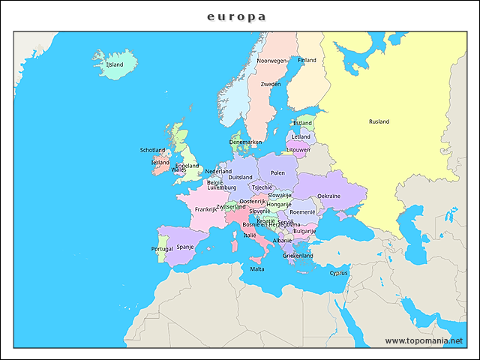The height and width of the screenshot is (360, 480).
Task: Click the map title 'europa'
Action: [237, 16]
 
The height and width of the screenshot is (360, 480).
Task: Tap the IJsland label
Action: [115, 65]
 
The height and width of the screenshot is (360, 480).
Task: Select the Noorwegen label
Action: [271, 61]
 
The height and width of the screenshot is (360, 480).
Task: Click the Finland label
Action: [307, 60]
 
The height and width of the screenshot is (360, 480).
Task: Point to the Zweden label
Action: [271, 85]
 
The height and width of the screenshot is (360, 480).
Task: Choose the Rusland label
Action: [379, 121]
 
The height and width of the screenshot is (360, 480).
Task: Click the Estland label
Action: [303, 123]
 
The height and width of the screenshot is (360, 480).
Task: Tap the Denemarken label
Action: [245, 142]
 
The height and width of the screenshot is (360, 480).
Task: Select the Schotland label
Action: [152, 150]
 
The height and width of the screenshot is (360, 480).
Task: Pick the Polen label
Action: [277, 172]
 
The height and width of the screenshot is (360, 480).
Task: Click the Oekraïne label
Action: [328, 196]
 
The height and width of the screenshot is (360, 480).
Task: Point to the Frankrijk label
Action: [205, 209]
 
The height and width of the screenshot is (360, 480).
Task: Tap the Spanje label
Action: [185, 246]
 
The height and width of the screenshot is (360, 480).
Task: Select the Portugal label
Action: [162, 249]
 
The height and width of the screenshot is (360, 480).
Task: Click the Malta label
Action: [257, 268]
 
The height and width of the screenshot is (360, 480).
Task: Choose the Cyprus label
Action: [339, 273]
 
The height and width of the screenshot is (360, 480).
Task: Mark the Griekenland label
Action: [298, 255]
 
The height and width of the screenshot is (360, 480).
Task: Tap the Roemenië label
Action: [302, 212]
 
